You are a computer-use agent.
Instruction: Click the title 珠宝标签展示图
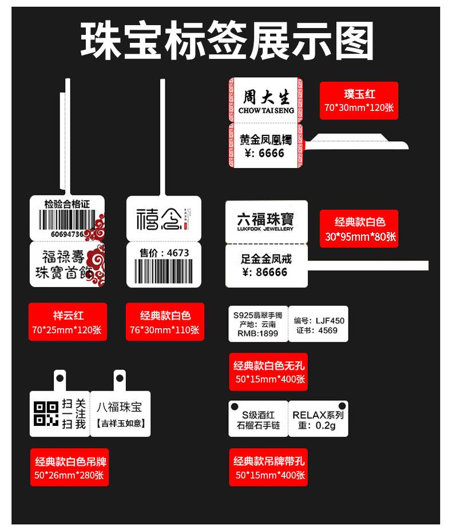pyautogui.click(x=227, y=41)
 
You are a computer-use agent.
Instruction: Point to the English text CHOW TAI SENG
pyautogui.click(x=265, y=110)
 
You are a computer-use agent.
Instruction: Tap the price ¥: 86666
pyautogui.click(x=265, y=272)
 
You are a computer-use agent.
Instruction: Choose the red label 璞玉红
pyautogui.click(x=359, y=101)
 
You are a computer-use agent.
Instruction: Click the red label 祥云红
pyautogui.click(x=68, y=322)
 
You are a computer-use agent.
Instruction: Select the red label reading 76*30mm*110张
pyautogui.click(x=165, y=329)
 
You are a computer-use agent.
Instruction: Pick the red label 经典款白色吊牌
pyautogui.click(x=70, y=467)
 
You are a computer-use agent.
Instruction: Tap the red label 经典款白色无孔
pyautogui.click(x=268, y=372)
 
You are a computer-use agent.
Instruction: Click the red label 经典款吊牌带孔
pyautogui.click(x=268, y=467)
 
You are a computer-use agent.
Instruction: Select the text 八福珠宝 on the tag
pyautogui.click(x=119, y=407)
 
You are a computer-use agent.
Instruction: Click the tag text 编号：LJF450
pyautogui.click(x=319, y=321)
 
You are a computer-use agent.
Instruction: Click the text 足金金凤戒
pyautogui.click(x=266, y=259)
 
